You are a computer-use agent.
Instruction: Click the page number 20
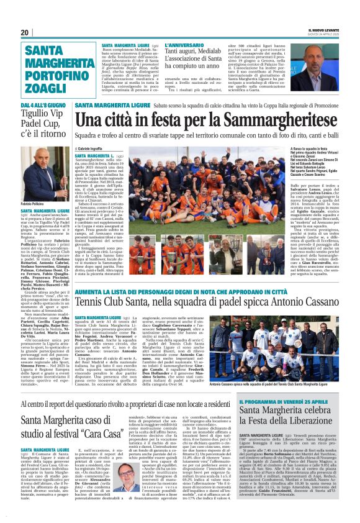tap(25, 33)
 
